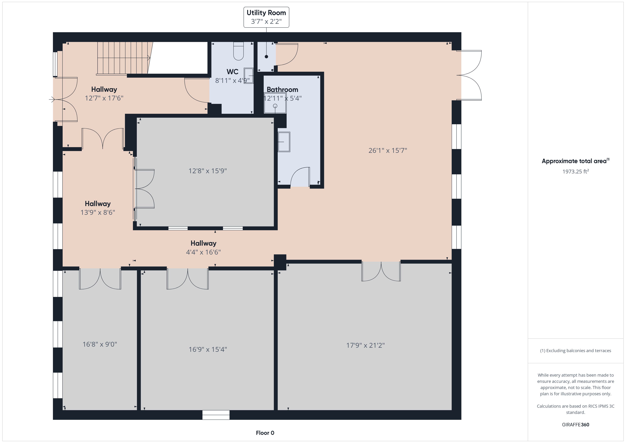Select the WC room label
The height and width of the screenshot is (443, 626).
click(x=232, y=72)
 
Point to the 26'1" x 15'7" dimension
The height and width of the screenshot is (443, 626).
click(x=387, y=150)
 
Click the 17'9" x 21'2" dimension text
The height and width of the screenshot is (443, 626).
click(x=365, y=345)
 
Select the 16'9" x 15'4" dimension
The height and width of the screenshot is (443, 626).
click(x=208, y=349)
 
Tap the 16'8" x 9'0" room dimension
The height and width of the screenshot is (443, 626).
click(x=100, y=344)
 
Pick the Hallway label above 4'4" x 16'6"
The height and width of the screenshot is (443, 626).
click(x=203, y=243)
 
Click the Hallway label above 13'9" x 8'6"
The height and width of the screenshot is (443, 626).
click(x=98, y=204)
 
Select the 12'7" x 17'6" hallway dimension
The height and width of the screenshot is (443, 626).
click(x=104, y=98)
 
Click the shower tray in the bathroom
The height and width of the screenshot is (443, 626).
click(x=275, y=103)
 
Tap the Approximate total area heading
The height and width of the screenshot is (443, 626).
click(x=575, y=161)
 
